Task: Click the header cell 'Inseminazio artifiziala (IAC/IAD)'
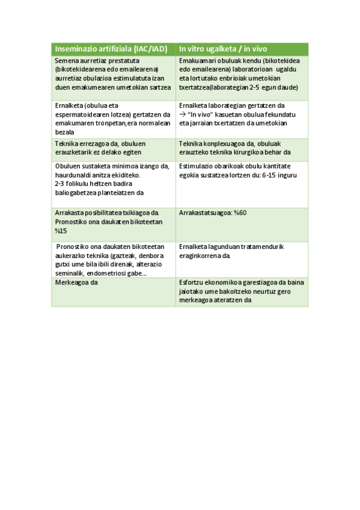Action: (x=111, y=49)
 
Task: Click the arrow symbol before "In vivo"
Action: (x=183, y=114)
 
